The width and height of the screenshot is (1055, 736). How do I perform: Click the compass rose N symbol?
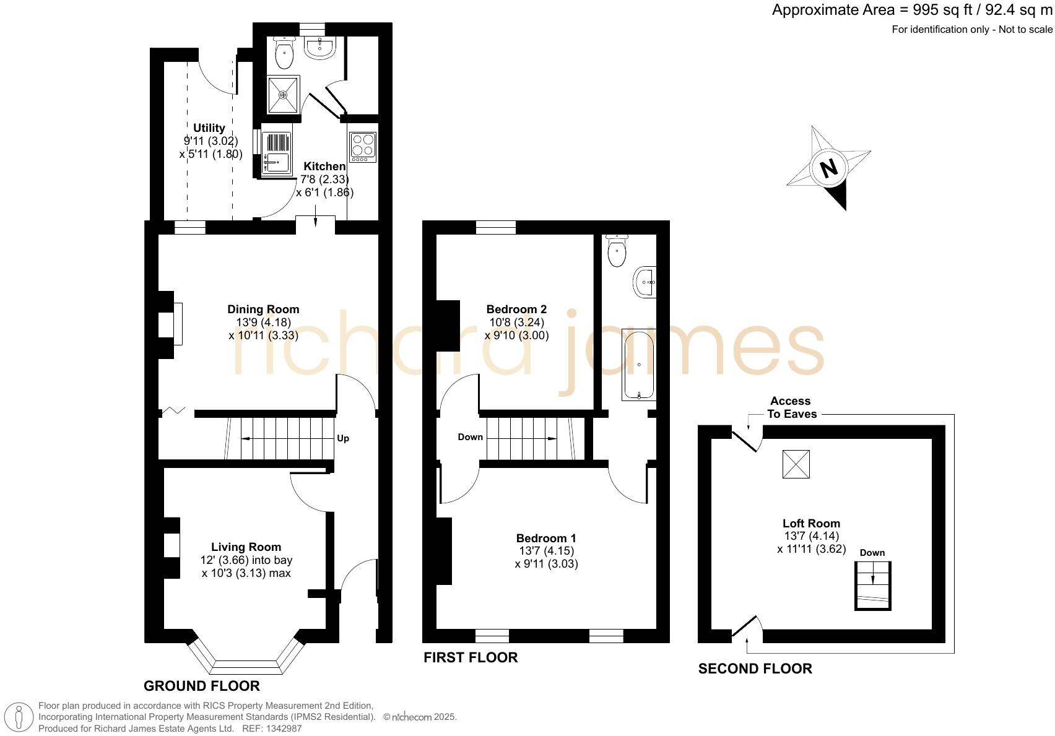[828, 168]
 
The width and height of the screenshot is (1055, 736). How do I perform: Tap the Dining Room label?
[263, 309]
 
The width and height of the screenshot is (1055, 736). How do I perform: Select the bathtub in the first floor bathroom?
[638, 365]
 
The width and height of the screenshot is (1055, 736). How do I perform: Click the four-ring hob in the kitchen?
[363, 147]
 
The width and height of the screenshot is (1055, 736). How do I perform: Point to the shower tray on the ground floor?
[283, 95]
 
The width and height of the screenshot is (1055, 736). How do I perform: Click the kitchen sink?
[276, 154]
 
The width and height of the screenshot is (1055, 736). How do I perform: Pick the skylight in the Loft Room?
[796, 464]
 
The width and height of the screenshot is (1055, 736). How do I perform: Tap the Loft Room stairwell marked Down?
[872, 585]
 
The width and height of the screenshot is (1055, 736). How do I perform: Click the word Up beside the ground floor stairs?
[343, 438]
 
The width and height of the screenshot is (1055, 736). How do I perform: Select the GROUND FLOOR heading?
[202, 686]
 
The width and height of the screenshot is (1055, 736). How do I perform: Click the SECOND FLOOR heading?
[755, 669]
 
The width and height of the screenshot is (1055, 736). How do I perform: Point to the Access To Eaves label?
[791, 407]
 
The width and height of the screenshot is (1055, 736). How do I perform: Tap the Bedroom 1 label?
[546, 538]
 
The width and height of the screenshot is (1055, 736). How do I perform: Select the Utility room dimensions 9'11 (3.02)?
[211, 141]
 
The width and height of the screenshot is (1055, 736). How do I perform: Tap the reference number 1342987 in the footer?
[280, 729]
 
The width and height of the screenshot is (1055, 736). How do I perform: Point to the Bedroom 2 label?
[516, 309]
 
